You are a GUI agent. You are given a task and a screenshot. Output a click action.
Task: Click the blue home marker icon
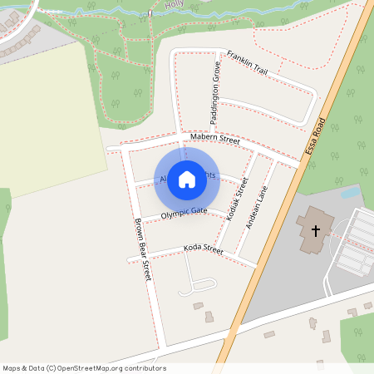187,180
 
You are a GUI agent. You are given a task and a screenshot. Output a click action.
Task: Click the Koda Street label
204,249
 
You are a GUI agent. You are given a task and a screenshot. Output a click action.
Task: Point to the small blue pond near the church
351,193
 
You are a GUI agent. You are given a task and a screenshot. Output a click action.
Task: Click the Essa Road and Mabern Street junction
300,162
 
